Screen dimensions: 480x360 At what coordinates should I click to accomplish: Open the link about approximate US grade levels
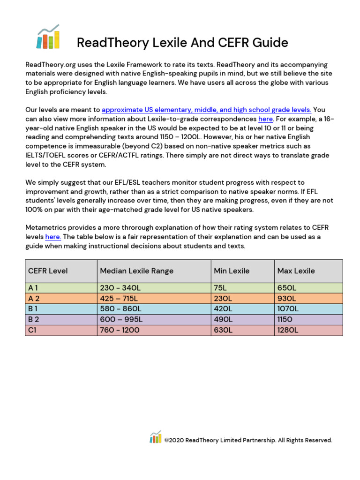click(206, 110)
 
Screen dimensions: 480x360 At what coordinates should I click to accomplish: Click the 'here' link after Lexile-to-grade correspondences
click(265, 119)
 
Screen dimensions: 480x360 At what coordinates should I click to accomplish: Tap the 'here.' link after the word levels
click(53, 237)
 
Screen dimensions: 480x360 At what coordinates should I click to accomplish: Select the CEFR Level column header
click(48, 271)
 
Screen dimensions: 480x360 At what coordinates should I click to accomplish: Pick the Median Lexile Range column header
click(136, 271)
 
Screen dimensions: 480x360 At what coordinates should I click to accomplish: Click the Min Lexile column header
click(232, 271)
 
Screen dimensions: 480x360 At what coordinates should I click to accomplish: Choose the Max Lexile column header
click(296, 271)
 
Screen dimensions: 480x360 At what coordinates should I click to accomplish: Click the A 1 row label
click(33, 288)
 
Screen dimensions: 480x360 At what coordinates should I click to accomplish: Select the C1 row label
click(33, 330)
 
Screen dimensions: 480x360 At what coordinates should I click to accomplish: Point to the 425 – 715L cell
click(119, 298)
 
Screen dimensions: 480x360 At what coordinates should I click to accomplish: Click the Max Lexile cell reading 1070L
click(288, 309)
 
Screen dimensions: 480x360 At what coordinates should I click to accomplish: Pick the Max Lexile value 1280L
click(288, 330)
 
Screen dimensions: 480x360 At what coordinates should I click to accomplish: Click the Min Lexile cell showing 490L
click(223, 319)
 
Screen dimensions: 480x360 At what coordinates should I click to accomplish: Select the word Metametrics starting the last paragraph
click(46, 227)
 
